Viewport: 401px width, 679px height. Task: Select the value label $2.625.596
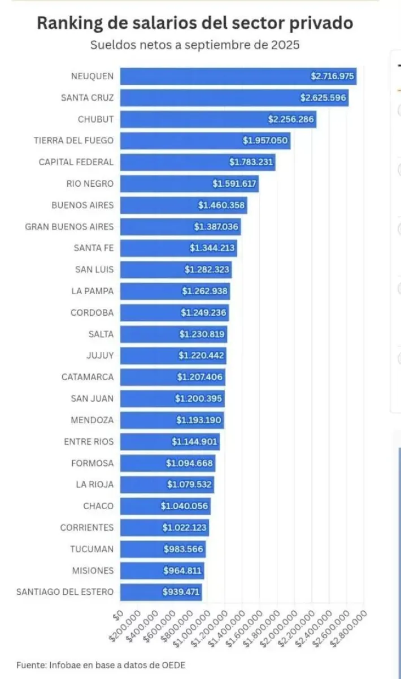point(323,98)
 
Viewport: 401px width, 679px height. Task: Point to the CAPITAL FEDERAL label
point(76,162)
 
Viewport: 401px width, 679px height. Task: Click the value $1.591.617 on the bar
point(235,184)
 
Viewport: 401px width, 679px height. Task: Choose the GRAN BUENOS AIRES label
point(69,227)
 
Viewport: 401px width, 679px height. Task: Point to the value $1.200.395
point(199,399)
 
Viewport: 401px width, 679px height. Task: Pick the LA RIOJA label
point(94,485)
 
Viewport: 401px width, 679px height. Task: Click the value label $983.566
point(184,549)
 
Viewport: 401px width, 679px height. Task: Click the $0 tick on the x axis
point(117,614)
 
